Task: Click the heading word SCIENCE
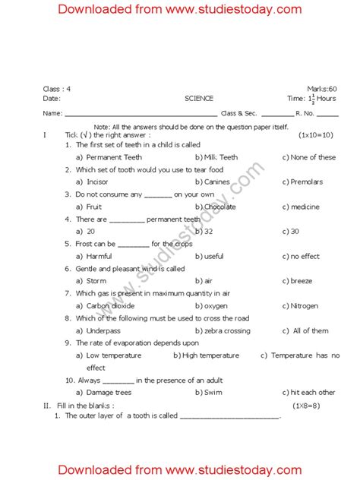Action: tap(199, 99)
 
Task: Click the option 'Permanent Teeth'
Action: tap(114, 157)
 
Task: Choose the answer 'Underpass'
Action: tap(104, 331)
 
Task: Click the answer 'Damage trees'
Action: tap(109, 393)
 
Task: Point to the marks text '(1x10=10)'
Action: tap(315, 134)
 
